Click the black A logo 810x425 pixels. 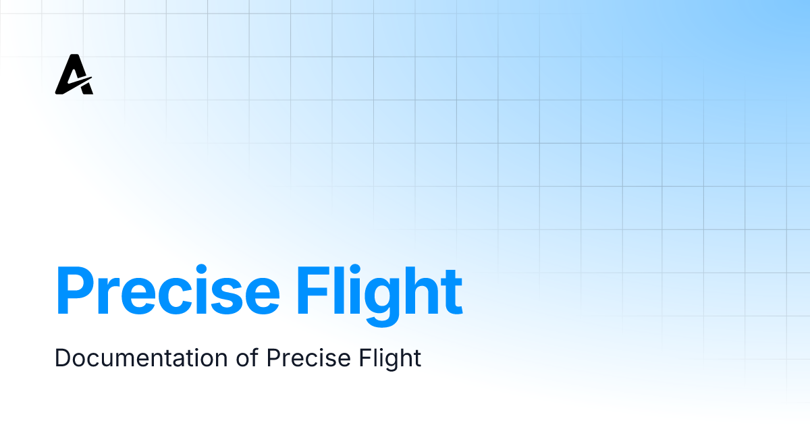74,76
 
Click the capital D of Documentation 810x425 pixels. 61,358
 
